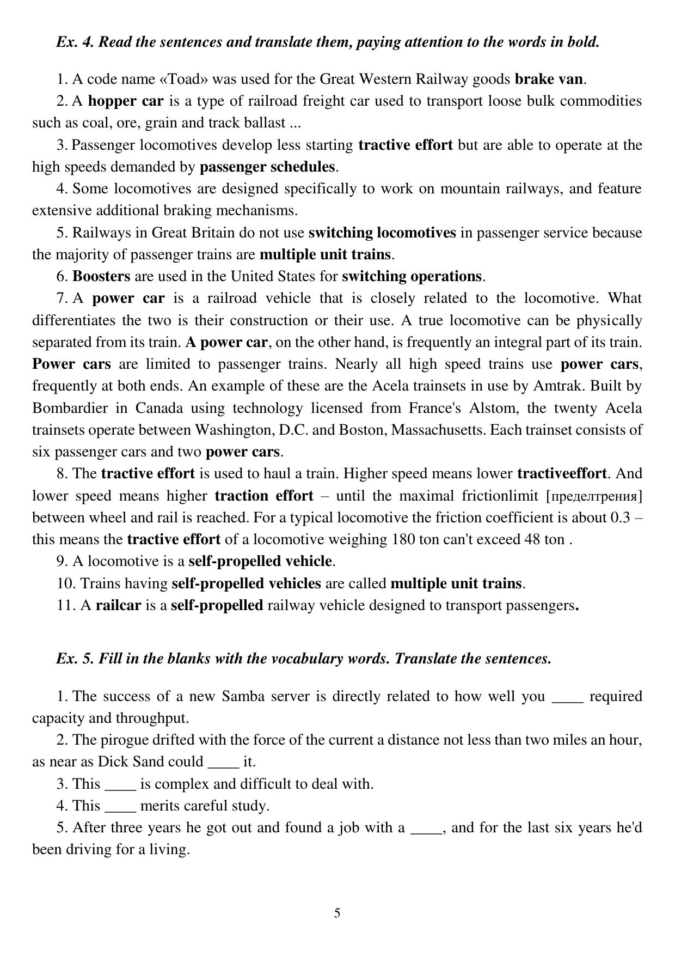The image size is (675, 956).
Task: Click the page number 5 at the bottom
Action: coord(337,913)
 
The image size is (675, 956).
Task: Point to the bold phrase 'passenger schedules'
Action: coord(267,167)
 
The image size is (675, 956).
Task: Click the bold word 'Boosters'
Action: coord(101,276)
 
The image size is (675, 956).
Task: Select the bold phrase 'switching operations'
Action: coord(412,276)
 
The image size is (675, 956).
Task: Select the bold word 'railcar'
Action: coord(118,605)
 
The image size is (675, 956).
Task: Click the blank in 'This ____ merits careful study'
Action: coord(120,806)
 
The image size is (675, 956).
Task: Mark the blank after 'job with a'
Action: coord(426,828)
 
